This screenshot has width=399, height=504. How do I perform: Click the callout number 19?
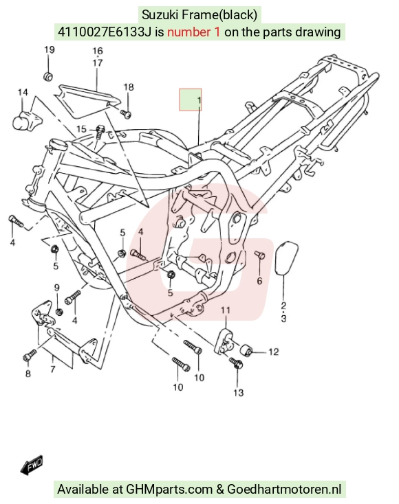click(50, 50)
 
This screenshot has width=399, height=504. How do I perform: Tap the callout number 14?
click(23, 93)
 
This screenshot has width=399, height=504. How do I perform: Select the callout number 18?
click(129, 87)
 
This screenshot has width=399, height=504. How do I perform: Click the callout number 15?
click(81, 129)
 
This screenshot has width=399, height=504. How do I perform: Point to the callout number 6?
click(259, 281)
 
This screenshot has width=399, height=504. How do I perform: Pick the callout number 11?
click(226, 310)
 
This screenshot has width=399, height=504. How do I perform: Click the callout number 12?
click(273, 352)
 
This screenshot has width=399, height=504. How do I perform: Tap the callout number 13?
click(238, 393)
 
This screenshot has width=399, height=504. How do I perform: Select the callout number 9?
click(57, 288)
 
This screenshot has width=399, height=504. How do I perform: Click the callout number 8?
click(28, 373)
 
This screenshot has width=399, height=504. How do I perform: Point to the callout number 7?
click(53, 369)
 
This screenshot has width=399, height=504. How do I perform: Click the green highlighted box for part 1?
click(191, 100)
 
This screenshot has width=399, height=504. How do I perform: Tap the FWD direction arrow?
click(32, 465)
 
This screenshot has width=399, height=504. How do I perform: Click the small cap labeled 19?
click(48, 77)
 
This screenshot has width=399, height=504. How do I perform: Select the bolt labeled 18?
click(126, 113)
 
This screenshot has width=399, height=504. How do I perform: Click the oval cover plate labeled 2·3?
click(287, 258)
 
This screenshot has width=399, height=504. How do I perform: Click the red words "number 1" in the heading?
click(194, 32)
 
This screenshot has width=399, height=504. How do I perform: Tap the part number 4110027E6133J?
click(105, 32)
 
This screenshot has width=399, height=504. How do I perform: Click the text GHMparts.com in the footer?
click(169, 489)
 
